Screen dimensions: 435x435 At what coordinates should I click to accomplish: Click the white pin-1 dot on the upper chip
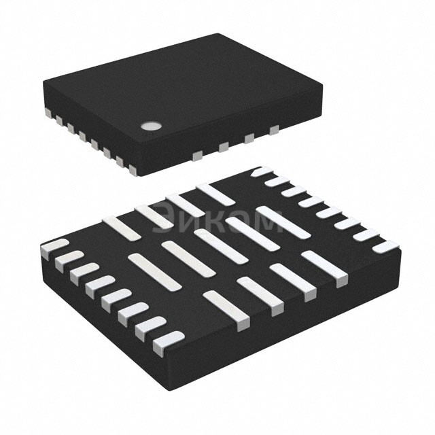[x=150, y=125]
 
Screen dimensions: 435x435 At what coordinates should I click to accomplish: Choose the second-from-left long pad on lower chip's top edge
[x=154, y=215]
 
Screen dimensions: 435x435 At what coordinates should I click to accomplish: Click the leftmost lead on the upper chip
[x=48, y=109]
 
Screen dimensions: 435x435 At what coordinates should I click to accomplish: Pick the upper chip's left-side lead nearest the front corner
[x=121, y=161]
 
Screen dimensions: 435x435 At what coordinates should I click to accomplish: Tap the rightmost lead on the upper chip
[x=274, y=129]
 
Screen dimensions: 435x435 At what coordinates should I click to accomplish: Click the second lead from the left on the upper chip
[x=58, y=117]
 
